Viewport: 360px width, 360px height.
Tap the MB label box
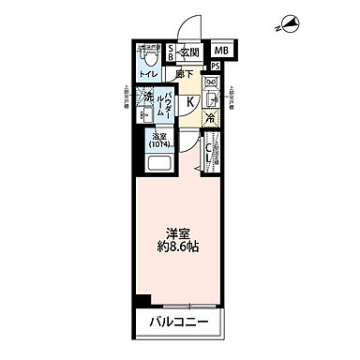(x=222, y=52)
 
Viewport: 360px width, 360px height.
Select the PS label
(x=216, y=67)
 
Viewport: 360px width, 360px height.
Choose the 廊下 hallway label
(x=185, y=72)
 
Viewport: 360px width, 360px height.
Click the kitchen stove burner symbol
(x=212, y=82)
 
